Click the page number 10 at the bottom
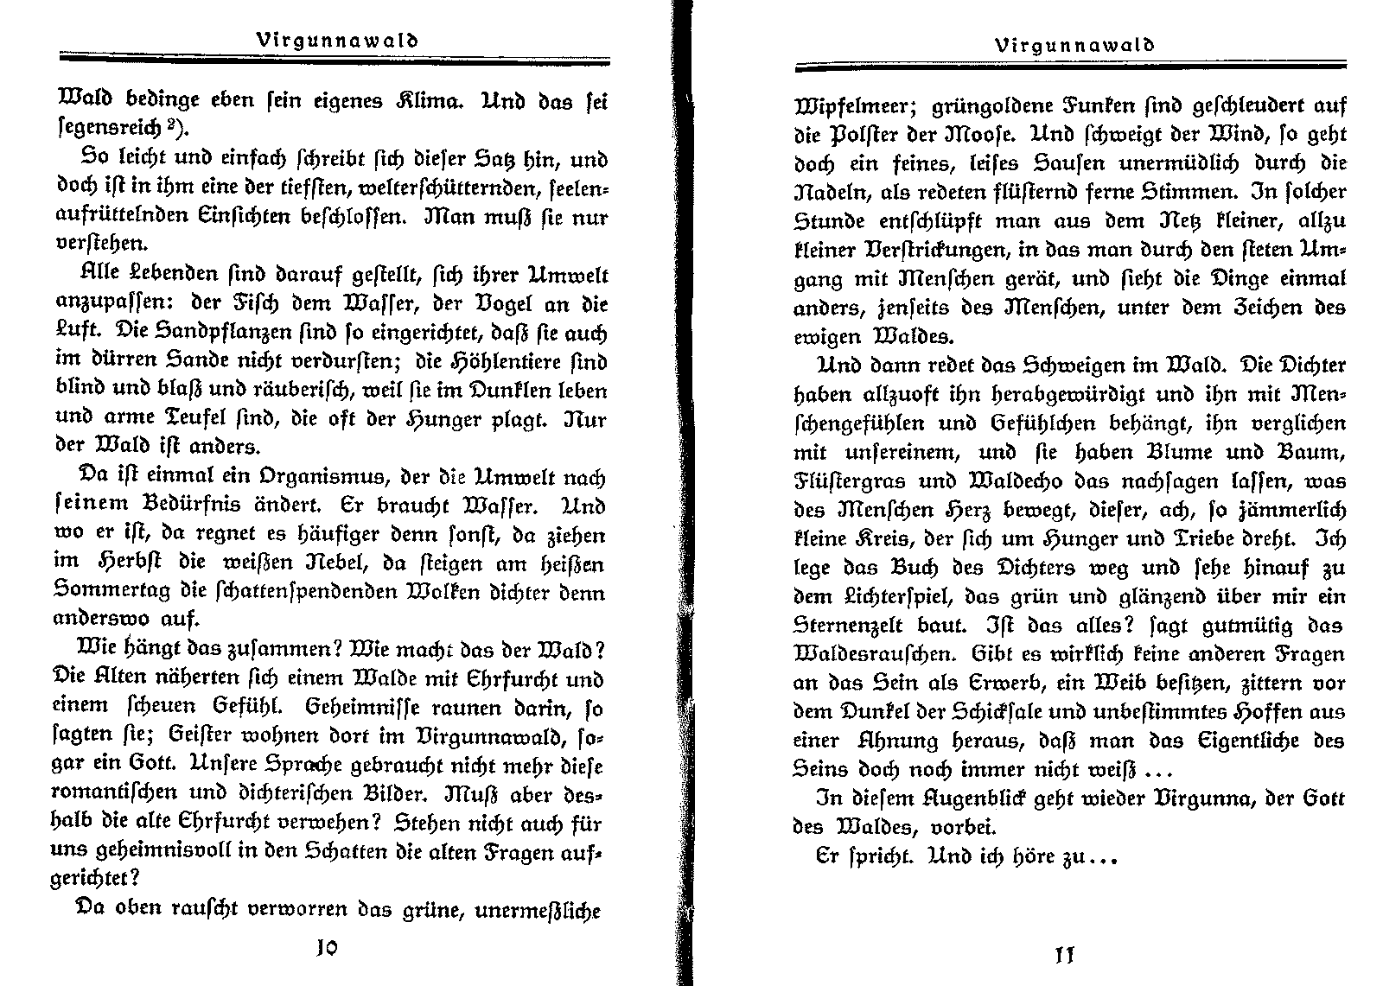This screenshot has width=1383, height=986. pyautogui.click(x=326, y=947)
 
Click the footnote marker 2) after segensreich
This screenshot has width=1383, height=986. pyautogui.click(x=176, y=129)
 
